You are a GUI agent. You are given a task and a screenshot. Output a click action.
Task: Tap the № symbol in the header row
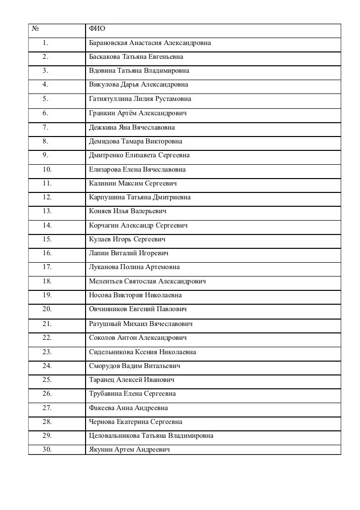pos(36,30)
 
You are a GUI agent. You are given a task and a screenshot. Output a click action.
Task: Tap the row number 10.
pos(47,170)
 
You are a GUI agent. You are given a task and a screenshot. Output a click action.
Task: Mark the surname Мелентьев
pos(106,281)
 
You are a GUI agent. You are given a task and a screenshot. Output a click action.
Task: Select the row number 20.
pos(47,309)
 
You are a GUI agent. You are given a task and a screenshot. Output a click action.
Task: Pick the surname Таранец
pos(102,380)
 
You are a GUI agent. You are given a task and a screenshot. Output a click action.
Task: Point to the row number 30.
pos(47,450)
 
